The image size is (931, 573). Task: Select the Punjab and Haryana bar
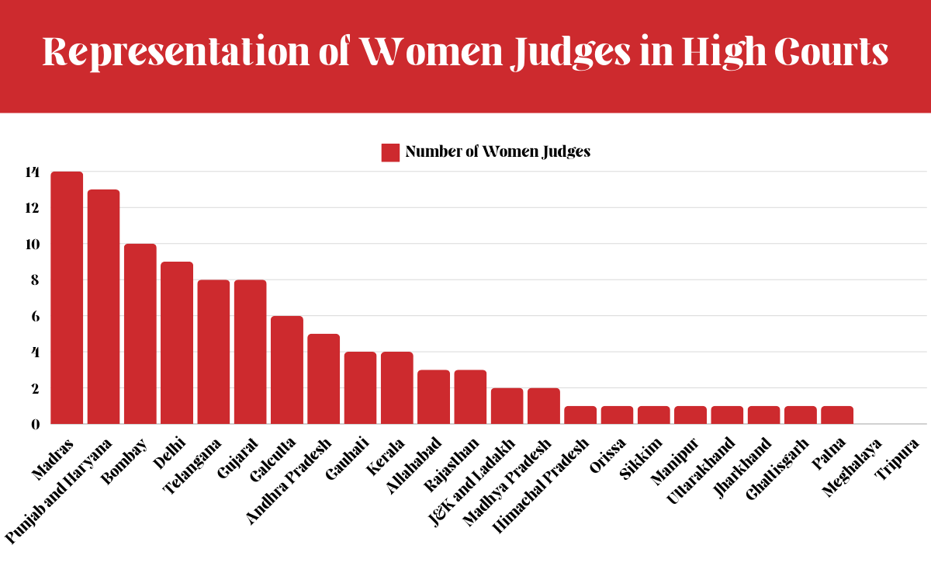coord(103,307)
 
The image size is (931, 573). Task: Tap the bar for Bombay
coord(140,334)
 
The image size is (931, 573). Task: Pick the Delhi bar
coord(177,342)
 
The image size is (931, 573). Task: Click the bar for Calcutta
coord(287,370)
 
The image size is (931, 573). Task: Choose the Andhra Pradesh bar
coord(324,379)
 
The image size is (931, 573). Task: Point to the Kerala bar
coord(397,387)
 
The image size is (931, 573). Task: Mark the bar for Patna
coord(837,415)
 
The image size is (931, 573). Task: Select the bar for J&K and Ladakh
coord(507,405)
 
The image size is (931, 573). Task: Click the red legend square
coord(390,152)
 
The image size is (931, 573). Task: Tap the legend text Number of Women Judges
coord(497,152)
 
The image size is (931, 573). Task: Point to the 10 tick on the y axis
coord(31,245)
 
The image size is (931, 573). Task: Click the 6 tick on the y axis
coord(34,317)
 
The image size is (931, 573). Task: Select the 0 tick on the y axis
coord(34,425)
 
